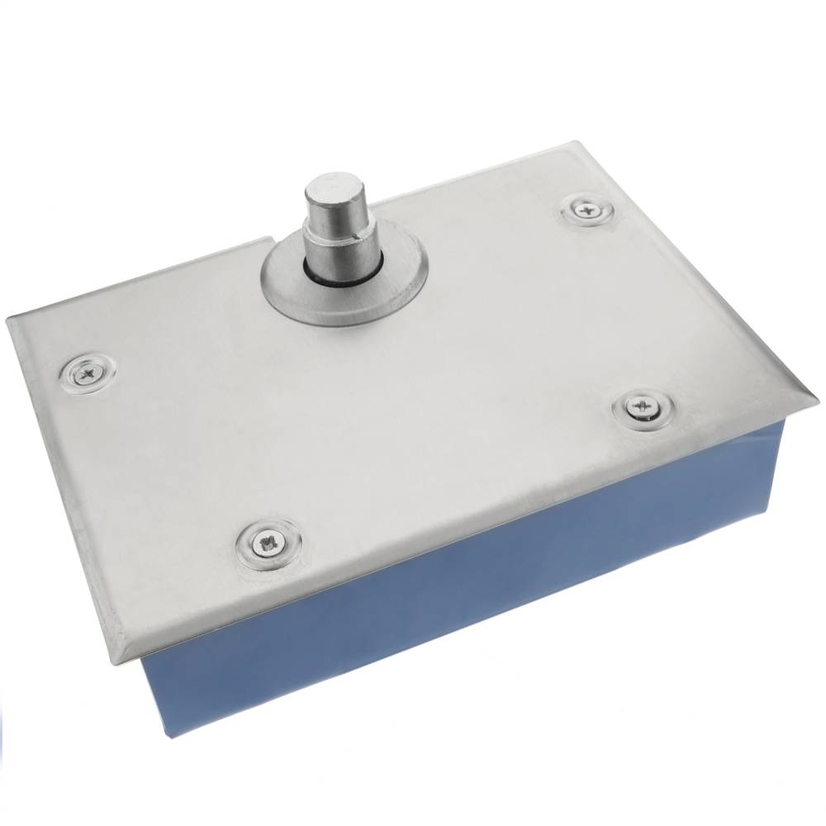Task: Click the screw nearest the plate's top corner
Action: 587,211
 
